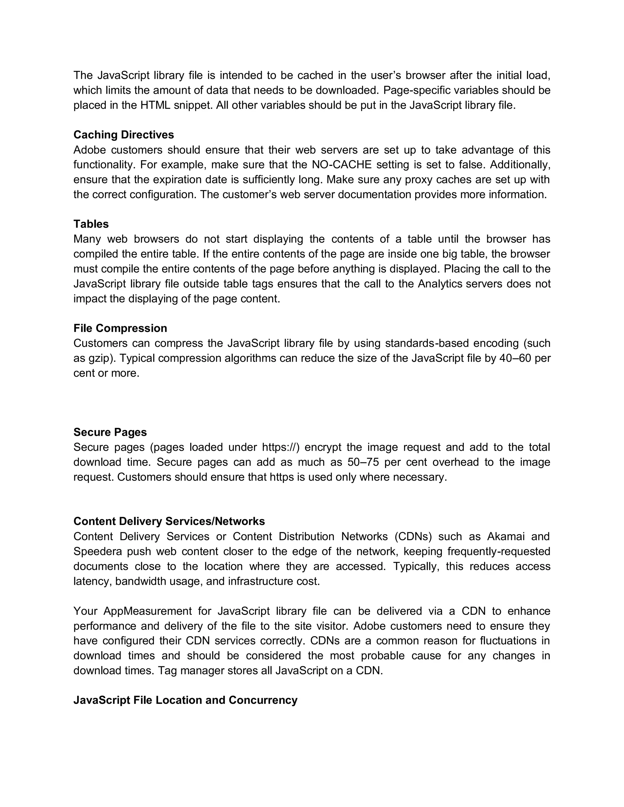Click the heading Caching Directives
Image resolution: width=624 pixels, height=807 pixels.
coord(123,135)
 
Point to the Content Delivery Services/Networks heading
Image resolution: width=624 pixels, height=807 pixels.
coord(169,521)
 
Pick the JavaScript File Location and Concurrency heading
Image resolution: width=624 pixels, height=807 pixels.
coord(185,700)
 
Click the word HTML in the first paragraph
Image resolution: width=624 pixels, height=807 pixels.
coord(155,105)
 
